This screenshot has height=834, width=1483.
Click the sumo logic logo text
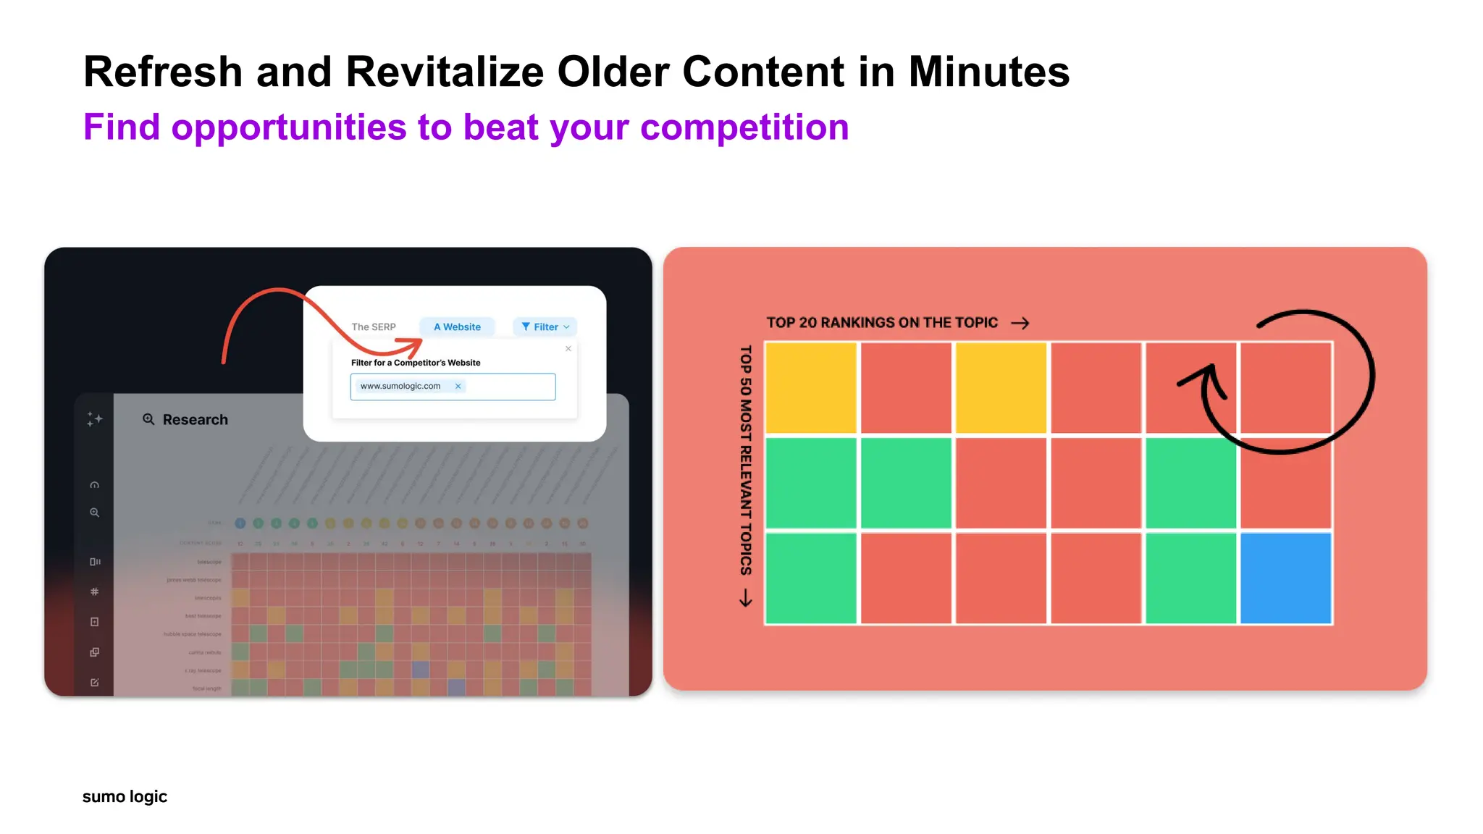[125, 796]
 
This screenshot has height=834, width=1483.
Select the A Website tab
[457, 327]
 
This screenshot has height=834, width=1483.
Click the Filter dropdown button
[545, 327]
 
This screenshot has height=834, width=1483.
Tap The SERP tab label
[374, 327]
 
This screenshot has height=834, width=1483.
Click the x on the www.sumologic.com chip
[458, 387]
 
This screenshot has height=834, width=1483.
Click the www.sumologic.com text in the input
[400, 387]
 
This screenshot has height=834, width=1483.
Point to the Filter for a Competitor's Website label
[416, 363]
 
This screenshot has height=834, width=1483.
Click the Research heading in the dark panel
[195, 420]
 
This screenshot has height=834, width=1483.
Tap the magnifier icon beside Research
[148, 419]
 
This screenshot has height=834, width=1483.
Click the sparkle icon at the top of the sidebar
[95, 419]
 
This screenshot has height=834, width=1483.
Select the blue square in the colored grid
[1285, 578]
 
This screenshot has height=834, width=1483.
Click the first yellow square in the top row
[811, 388]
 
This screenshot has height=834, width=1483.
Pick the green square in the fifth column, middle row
[1190, 483]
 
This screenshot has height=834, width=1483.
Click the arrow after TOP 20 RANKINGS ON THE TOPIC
[1020, 323]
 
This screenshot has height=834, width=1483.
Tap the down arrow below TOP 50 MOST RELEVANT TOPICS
[746, 598]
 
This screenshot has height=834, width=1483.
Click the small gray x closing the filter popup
[568, 349]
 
